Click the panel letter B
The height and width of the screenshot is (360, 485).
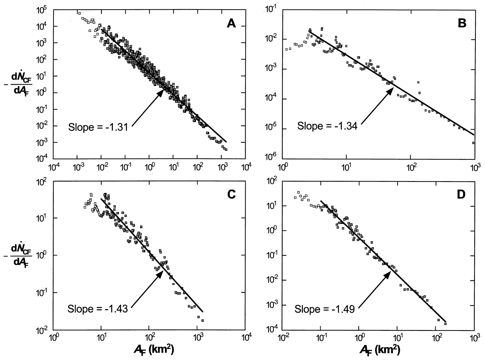click(x=462, y=24)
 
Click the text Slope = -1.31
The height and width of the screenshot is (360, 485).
click(x=98, y=127)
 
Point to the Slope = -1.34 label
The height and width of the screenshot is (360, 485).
click(x=327, y=126)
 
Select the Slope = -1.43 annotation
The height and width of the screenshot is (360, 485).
click(x=98, y=309)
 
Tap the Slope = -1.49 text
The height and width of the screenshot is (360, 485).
click(x=324, y=309)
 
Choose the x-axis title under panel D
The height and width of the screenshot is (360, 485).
click(x=380, y=350)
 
